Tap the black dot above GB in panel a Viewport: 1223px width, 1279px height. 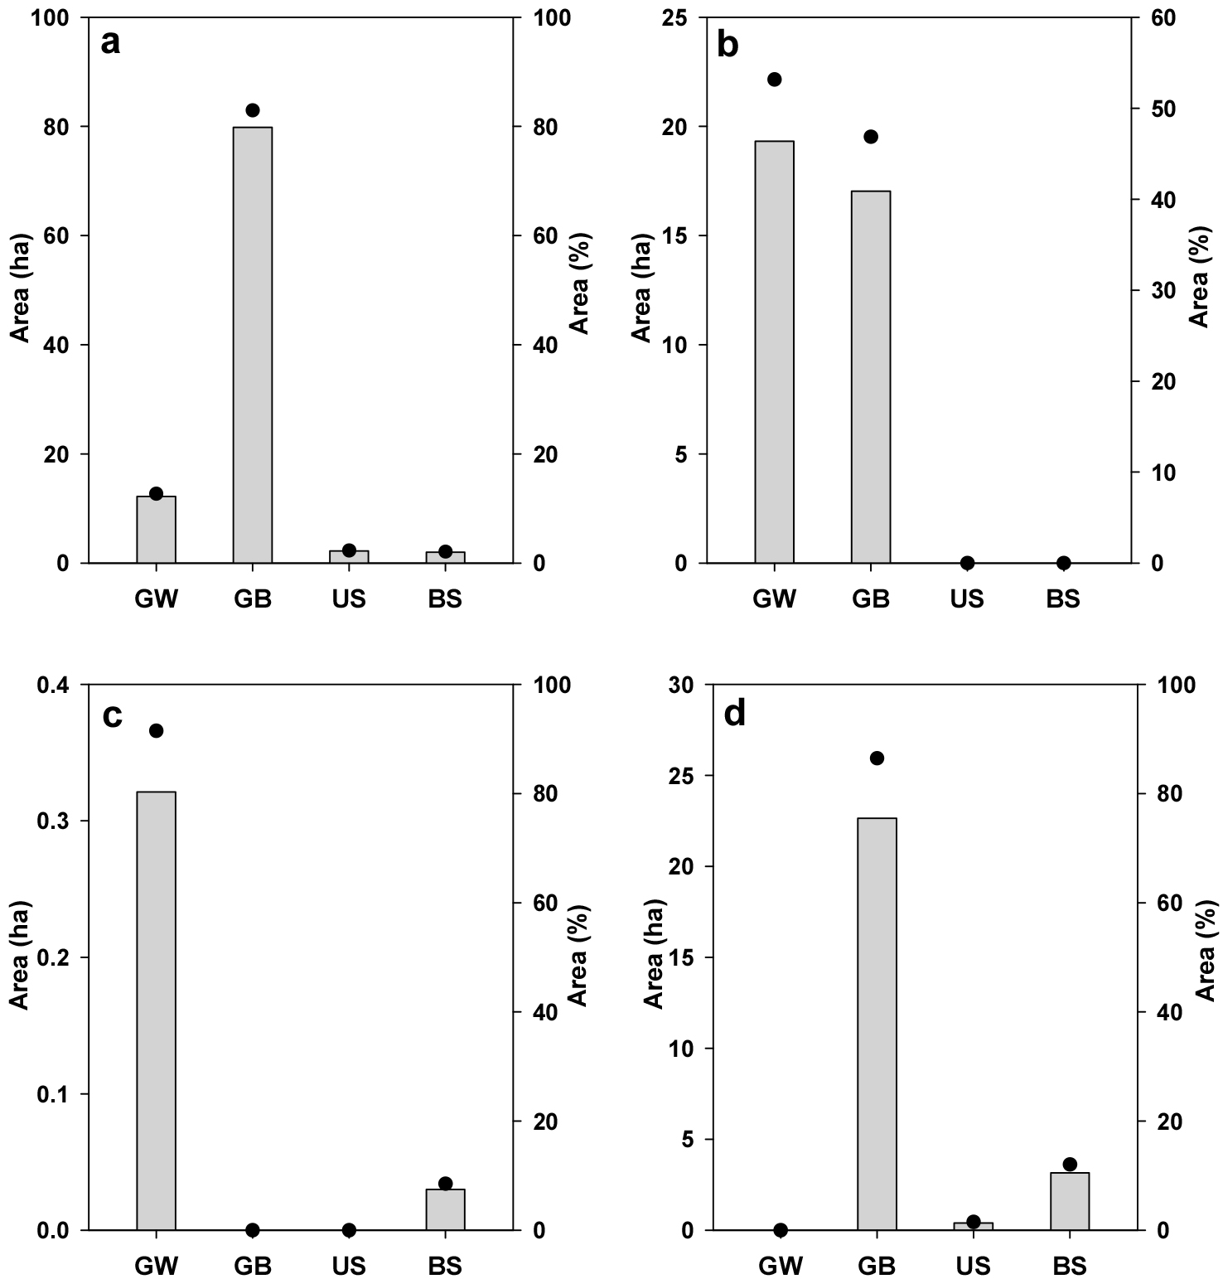[253, 110]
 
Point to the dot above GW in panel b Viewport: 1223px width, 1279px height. [774, 80]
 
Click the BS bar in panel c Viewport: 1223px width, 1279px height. [445, 1209]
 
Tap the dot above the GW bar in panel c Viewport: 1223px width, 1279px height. [156, 730]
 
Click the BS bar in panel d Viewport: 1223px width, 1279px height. [1069, 1201]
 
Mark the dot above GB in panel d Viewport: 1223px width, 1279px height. [877, 758]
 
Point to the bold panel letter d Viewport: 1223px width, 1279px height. [734, 713]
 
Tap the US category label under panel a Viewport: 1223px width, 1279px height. [348, 599]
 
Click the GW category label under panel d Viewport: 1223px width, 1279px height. [780, 1267]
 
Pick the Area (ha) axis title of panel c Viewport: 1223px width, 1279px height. [20, 955]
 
